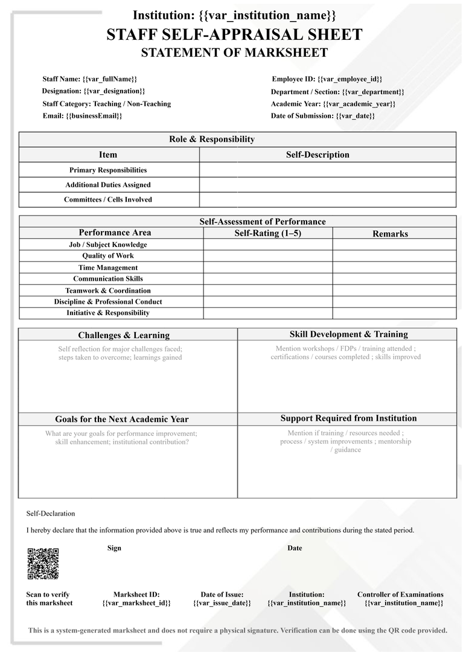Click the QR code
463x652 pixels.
43,564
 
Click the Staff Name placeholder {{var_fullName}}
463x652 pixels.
110,79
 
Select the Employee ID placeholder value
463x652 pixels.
350,79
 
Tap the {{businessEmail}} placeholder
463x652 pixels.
94,116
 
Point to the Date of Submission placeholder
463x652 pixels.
355,116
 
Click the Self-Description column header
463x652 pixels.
318,155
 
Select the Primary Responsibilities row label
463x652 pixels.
108,170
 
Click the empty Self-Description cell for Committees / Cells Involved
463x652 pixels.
327,200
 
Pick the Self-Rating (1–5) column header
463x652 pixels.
267,233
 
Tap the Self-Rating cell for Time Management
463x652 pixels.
267,267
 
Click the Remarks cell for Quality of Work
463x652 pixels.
394,256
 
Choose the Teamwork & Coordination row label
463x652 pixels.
108,290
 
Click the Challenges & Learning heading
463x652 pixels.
124,335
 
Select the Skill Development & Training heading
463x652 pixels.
349,334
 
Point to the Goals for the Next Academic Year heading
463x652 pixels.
122,419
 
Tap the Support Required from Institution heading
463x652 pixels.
348,418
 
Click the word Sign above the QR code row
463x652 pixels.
114,548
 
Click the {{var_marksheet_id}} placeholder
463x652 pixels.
136,603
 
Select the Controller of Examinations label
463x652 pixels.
400,595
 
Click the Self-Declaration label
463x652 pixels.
51,514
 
